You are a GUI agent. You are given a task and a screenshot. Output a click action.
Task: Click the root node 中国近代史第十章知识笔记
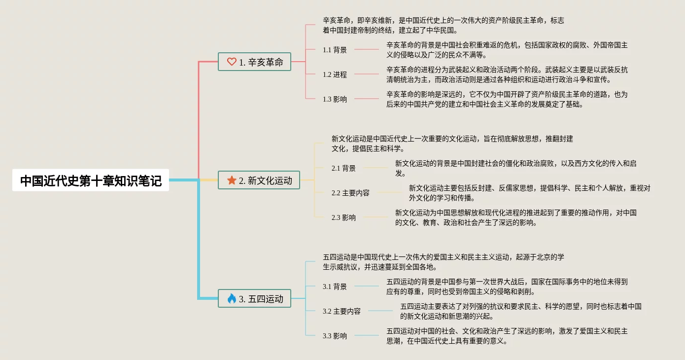pyautogui.click(x=91, y=180)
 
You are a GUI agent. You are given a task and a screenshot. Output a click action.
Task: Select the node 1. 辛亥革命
pyautogui.click(x=254, y=62)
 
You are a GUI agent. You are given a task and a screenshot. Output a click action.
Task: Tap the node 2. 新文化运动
pyautogui.click(x=259, y=180)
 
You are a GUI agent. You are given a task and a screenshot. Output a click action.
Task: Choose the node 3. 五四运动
pyautogui.click(x=254, y=299)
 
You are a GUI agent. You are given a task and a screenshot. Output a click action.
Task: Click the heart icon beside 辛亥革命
pyautogui.click(x=232, y=62)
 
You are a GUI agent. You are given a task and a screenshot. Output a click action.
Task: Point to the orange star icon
pyautogui.click(x=232, y=180)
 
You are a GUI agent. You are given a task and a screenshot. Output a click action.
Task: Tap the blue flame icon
pyautogui.click(x=232, y=298)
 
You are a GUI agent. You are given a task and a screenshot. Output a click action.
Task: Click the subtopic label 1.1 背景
pyautogui.click(x=335, y=50)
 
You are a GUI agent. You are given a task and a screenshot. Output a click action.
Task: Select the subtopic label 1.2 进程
pyautogui.click(x=335, y=74)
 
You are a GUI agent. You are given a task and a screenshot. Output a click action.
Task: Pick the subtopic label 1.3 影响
pyautogui.click(x=335, y=99)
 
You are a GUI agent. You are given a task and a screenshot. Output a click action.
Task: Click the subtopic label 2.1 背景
pyautogui.click(x=343, y=168)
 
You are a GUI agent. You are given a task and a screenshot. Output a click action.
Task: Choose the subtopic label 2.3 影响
pyautogui.click(x=343, y=217)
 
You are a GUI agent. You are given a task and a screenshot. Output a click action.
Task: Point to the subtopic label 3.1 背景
pyautogui.click(x=335, y=287)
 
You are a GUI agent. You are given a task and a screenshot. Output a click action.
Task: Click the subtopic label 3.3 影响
pyautogui.click(x=335, y=336)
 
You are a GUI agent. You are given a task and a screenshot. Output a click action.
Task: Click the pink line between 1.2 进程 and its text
pyautogui.click(x=367, y=74)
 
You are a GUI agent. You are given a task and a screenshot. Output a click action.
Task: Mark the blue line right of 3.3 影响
pyautogui.click(x=367, y=336)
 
